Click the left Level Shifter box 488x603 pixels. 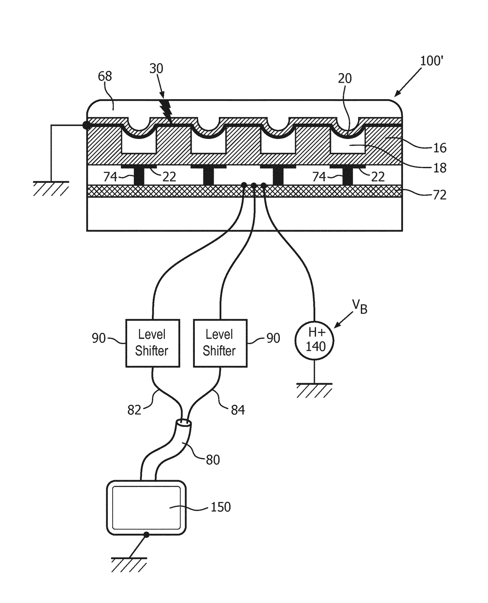tap(152, 343)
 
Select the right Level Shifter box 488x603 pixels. tap(220, 343)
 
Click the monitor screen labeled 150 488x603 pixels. tap(146, 508)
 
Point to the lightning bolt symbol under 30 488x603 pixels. tap(167, 111)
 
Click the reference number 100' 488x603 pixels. tap(432, 61)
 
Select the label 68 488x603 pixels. tap(105, 76)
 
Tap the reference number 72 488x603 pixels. tap(440, 195)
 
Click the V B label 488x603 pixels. tap(360, 306)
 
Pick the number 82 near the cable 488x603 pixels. tap(134, 410)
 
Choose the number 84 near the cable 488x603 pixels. tap(238, 410)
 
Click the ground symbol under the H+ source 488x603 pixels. tap(314, 391)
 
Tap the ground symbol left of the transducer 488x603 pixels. tap(51, 189)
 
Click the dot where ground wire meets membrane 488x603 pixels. tap(87, 125)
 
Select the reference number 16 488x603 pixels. tap(440, 148)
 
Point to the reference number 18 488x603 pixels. tap(440, 168)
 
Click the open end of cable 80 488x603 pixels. tap(184, 423)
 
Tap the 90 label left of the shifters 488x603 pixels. tap(99, 338)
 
